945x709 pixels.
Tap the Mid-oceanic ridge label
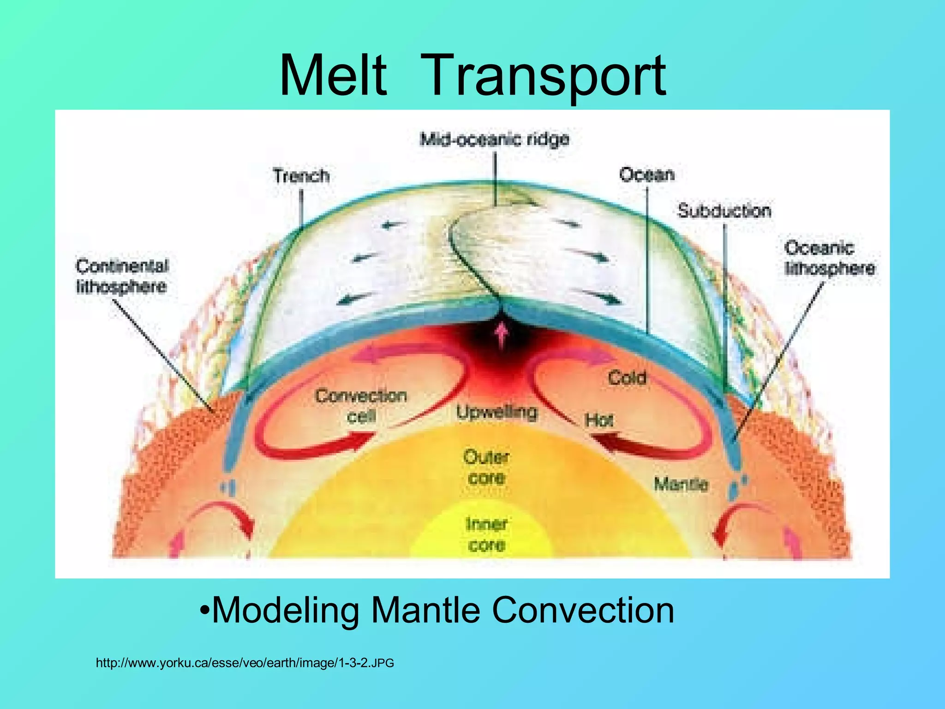click(494, 139)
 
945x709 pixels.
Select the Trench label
click(301, 176)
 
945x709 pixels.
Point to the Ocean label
click(646, 174)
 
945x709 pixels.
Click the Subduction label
click(724, 211)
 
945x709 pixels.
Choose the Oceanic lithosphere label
click(829, 258)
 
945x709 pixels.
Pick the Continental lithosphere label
click(122, 276)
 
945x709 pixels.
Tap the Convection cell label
click(361, 406)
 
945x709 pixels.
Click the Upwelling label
click(497, 412)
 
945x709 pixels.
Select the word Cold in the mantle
click(627, 378)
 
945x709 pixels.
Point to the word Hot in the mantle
click(599, 421)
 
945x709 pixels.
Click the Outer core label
click(486, 467)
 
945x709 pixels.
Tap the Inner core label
click(486, 535)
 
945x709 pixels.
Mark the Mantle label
click(681, 484)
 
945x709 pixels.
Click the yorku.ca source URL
click(245, 663)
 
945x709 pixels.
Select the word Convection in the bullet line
click(583, 610)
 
